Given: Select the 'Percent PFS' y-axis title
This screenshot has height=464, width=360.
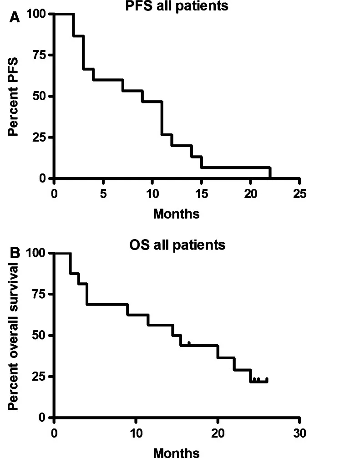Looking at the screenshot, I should (x=14, y=95).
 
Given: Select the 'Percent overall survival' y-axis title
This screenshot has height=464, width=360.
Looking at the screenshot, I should (x=14, y=335).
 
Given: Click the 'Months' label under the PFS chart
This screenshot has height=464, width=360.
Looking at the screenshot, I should (x=176, y=214).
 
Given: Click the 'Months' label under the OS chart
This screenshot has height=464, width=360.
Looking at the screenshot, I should (x=176, y=453).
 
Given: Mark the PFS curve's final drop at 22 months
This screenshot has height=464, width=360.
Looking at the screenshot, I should (x=270, y=173).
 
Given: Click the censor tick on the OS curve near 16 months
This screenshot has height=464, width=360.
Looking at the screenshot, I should (x=189, y=343).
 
